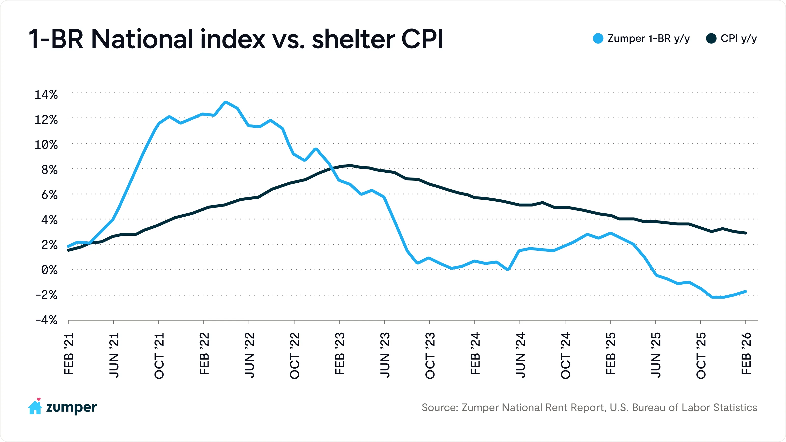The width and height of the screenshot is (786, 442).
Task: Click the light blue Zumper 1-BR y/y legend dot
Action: pyautogui.click(x=598, y=39)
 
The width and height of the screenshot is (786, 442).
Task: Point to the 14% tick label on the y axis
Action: pyautogui.click(x=46, y=95)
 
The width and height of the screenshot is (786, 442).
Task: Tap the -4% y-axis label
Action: pyautogui.click(x=46, y=320)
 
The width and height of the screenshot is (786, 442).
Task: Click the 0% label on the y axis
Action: pyautogui.click(x=49, y=270)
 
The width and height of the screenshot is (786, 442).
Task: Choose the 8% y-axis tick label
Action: pyautogui.click(x=49, y=170)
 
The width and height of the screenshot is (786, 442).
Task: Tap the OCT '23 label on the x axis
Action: pyautogui.click(x=430, y=355)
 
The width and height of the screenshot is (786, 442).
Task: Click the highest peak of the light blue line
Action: pyautogui.click(x=225, y=102)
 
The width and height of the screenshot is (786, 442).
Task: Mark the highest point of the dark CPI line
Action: pyautogui.click(x=350, y=166)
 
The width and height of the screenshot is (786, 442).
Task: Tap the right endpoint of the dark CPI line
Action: pyautogui.click(x=745, y=233)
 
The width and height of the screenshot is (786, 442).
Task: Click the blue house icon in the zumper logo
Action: pyautogui.click(x=35, y=408)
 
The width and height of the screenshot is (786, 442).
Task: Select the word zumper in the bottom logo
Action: pyautogui.click(x=71, y=408)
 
